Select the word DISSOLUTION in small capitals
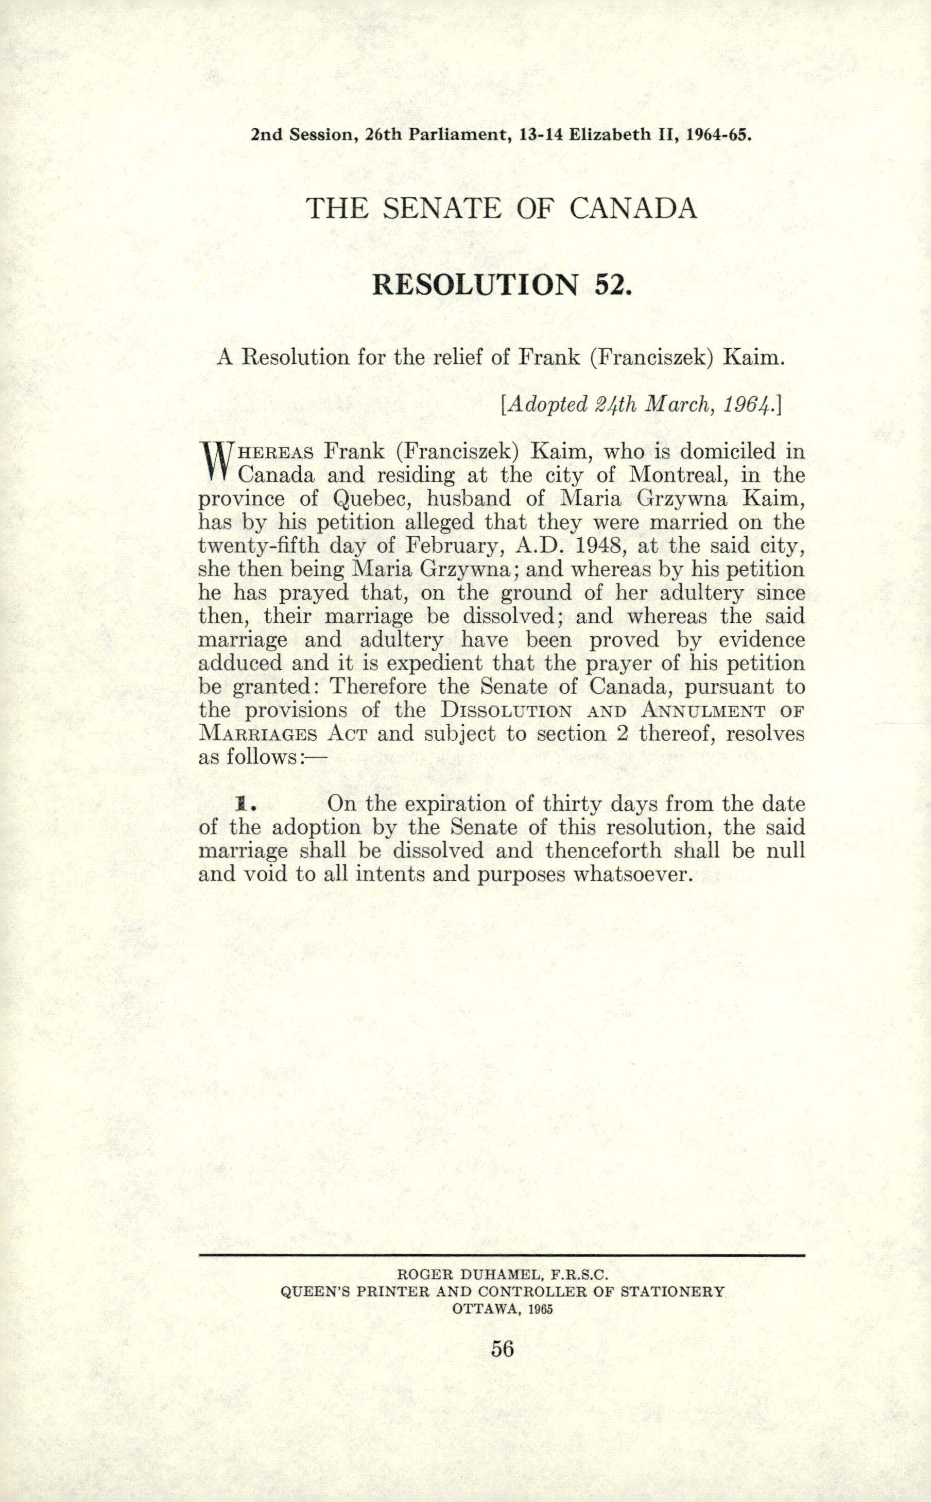click(x=506, y=711)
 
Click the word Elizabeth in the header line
click(x=610, y=135)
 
